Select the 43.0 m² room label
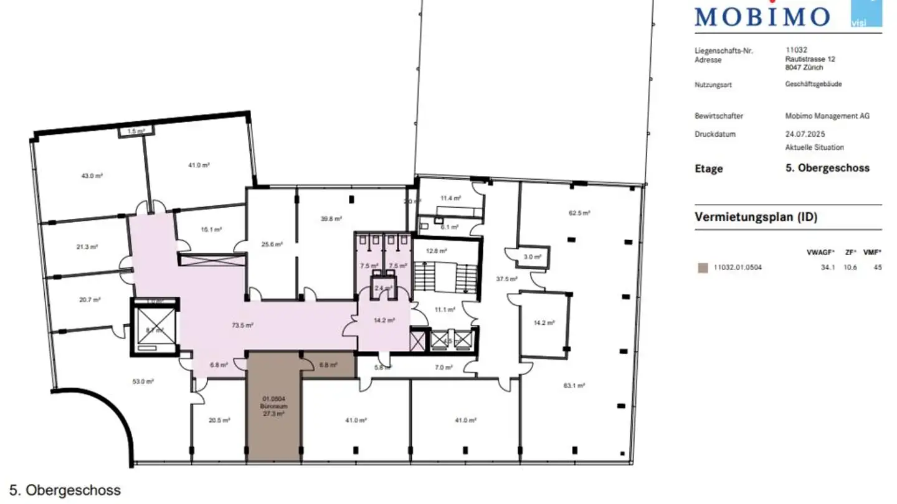92,175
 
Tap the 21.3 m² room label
87,246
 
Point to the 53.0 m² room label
143,381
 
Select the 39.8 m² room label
331,218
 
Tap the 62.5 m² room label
580,212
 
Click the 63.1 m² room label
574,386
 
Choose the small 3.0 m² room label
532,256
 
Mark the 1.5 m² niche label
136,131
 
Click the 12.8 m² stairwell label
437,251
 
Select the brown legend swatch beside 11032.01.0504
703,268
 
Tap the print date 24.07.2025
805,134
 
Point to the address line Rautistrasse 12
810,59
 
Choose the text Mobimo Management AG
827,116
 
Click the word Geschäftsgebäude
814,83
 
